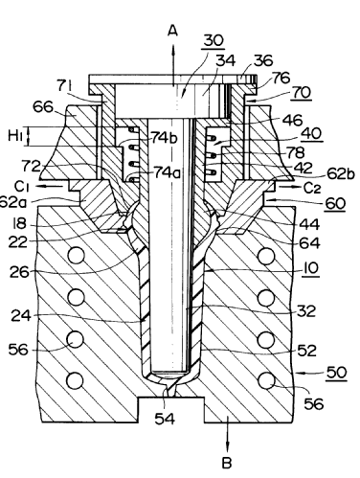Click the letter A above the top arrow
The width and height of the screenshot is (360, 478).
pyautogui.click(x=172, y=31)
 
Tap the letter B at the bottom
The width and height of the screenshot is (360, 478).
pyautogui.click(x=227, y=463)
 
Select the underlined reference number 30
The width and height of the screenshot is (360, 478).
pyautogui.click(x=214, y=40)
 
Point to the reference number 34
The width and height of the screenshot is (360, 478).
pyautogui.click(x=226, y=60)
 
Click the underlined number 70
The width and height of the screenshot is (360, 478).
pyautogui.click(x=302, y=93)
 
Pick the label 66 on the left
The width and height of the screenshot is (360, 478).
pyautogui.click(x=43, y=107)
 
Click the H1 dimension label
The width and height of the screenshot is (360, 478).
pyautogui.click(x=15, y=136)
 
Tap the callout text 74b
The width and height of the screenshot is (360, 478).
pyautogui.click(x=165, y=138)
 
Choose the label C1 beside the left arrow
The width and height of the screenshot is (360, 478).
pyautogui.click(x=21, y=187)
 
